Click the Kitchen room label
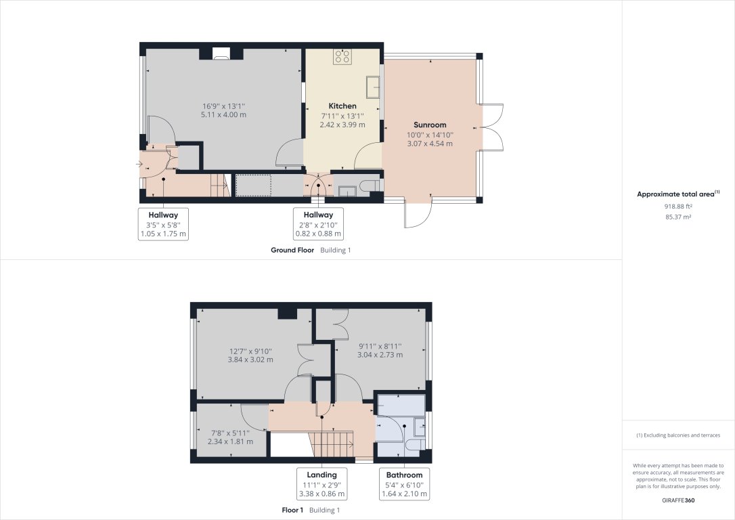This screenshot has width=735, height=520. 342,106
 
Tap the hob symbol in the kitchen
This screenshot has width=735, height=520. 342,57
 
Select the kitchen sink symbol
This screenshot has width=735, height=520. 372,87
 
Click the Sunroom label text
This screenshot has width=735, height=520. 430,125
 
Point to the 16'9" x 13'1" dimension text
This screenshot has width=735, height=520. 223,106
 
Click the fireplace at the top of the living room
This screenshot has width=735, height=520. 221,54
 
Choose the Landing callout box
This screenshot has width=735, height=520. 321,484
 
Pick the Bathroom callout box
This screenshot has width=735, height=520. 404,485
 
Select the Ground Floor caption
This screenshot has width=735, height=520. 292,250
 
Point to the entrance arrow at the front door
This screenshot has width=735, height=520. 139,163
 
